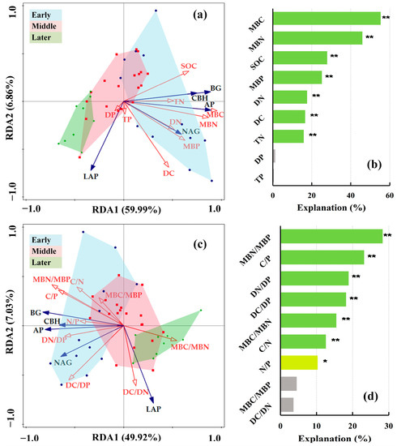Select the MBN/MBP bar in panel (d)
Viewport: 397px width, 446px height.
[331, 236]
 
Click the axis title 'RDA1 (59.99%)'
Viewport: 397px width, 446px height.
[123, 208]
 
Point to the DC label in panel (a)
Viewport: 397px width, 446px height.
[169, 173]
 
